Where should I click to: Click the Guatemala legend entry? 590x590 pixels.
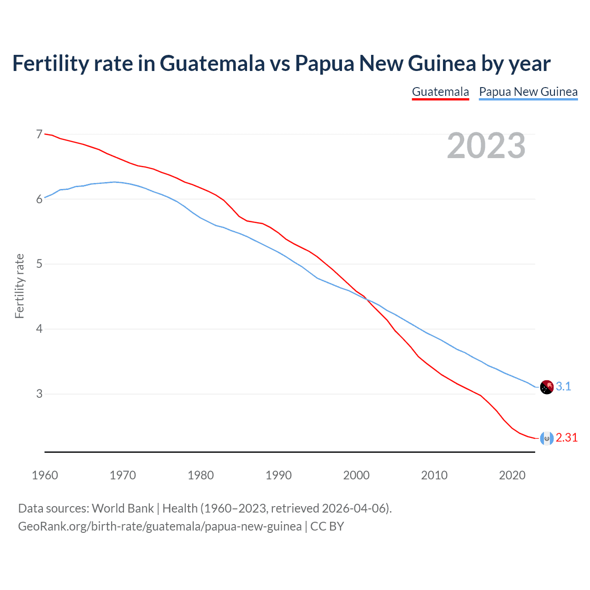coord(440,92)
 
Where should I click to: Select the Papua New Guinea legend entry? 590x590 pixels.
coord(528,92)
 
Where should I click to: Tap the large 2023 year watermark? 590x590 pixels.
coord(486,146)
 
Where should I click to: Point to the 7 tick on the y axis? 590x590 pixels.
coord(39,134)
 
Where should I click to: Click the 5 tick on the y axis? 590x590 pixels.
coord(39,264)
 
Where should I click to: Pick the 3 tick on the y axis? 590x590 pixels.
coord(39,394)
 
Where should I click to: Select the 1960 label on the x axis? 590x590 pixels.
coord(45,475)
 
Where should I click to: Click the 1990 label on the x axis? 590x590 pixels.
coord(278,475)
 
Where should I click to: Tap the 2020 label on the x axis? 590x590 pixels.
coord(512,475)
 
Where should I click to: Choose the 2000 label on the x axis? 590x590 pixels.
coord(356,475)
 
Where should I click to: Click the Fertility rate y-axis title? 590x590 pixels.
coord(19,286)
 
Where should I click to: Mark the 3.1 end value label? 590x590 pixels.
coord(563,386)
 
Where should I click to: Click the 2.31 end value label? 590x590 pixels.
coord(566,437)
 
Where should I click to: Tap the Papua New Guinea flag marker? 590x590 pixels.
coord(547,387)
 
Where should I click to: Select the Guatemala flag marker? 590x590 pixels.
coord(547,438)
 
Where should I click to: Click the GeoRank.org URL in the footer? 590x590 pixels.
coord(159,526)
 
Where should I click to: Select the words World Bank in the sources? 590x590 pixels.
coord(123,508)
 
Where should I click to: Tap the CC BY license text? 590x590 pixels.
coord(327,526)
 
